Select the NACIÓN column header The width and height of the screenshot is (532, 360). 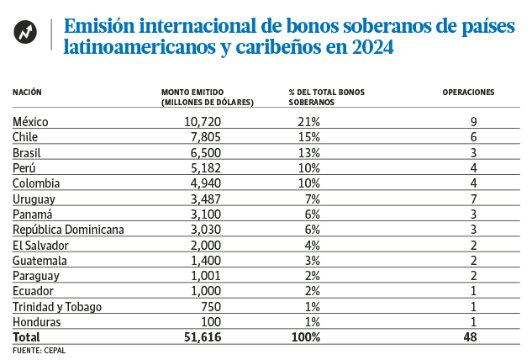pyautogui.click(x=28, y=91)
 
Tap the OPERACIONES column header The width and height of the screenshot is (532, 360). pyautogui.click(x=468, y=91)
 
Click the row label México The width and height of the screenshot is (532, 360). pyautogui.click(x=31, y=122)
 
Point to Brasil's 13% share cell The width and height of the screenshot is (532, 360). pyautogui.click(x=308, y=152)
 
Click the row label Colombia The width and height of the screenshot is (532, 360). pyautogui.click(x=36, y=183)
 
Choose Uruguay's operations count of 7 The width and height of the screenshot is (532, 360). pyautogui.click(x=475, y=199)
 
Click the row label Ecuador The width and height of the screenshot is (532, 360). pyautogui.click(x=34, y=290)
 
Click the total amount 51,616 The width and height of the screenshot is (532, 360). pyautogui.click(x=201, y=336)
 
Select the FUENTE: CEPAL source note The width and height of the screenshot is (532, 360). pyautogui.click(x=39, y=350)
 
